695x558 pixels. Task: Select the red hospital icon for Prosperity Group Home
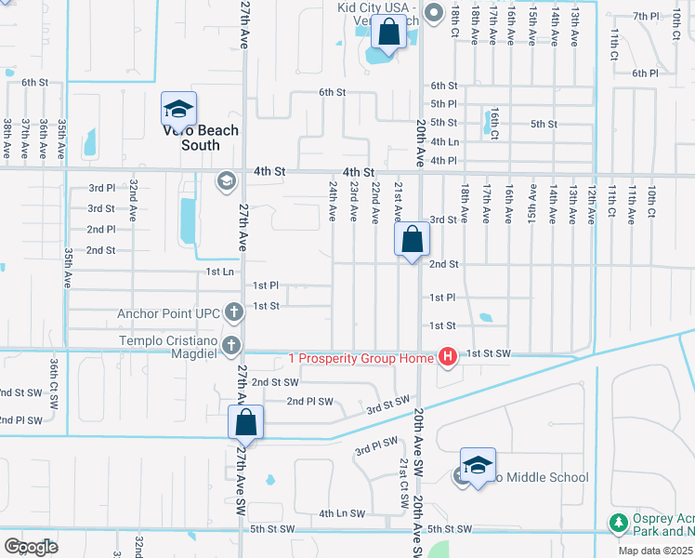point(447,357)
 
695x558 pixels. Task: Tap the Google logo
point(31,546)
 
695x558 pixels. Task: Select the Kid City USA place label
point(381,7)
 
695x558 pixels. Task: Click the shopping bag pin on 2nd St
point(412,240)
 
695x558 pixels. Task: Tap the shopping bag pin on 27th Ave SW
point(245,423)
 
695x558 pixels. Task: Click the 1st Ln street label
point(220,272)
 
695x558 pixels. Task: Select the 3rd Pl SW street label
point(376,446)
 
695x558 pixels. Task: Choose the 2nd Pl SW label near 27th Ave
point(308,401)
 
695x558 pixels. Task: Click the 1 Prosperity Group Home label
point(361,358)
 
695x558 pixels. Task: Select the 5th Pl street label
point(443,103)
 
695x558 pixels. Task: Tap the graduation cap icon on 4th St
point(225,180)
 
